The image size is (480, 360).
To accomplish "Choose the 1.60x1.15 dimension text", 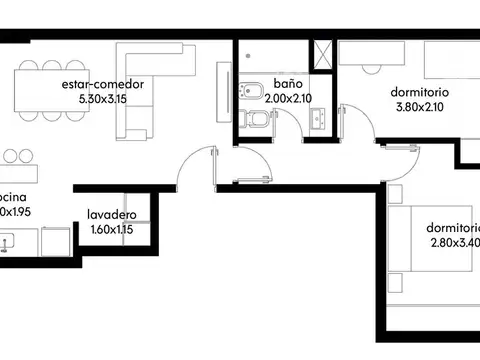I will [x=111, y=229].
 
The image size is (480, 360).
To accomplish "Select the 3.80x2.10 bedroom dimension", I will [x=420, y=107].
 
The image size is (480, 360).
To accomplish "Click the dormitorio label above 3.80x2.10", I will [x=420, y=92].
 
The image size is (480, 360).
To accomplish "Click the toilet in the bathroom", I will [x=257, y=122].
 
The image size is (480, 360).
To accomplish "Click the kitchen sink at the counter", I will [x=9, y=241].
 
